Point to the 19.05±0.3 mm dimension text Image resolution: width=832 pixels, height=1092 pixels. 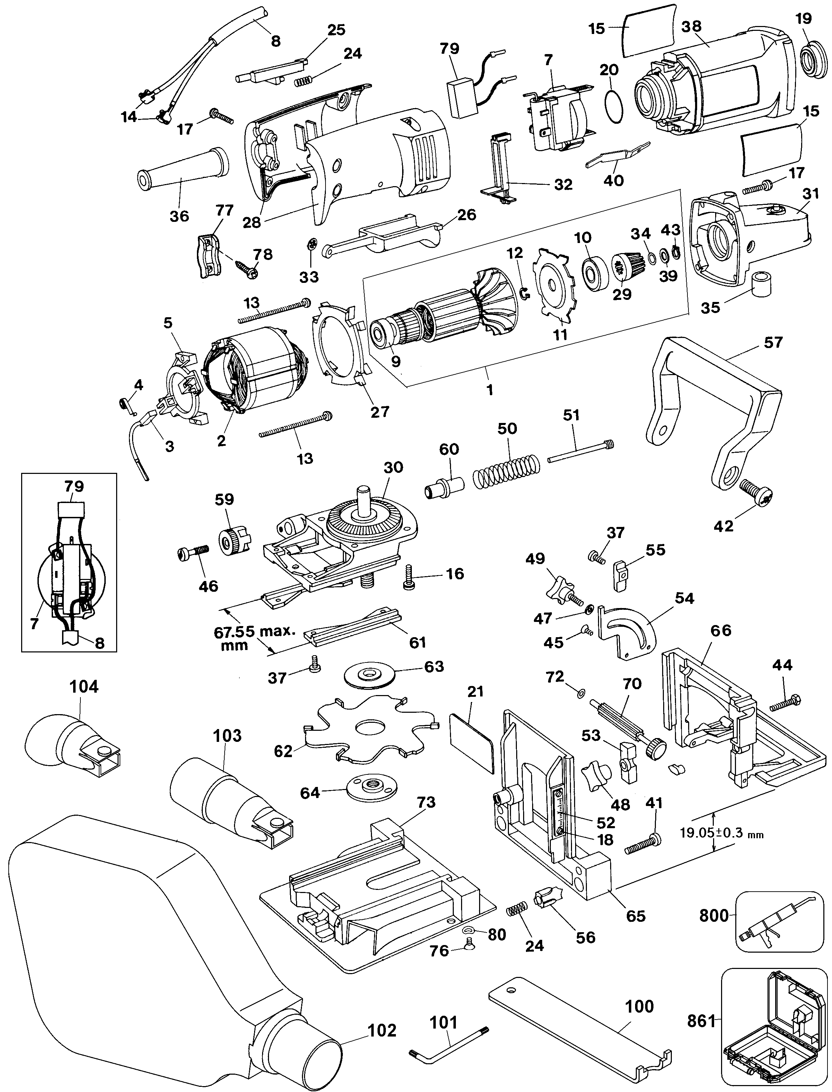[721, 832]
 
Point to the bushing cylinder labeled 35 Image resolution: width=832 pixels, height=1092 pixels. [763, 286]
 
